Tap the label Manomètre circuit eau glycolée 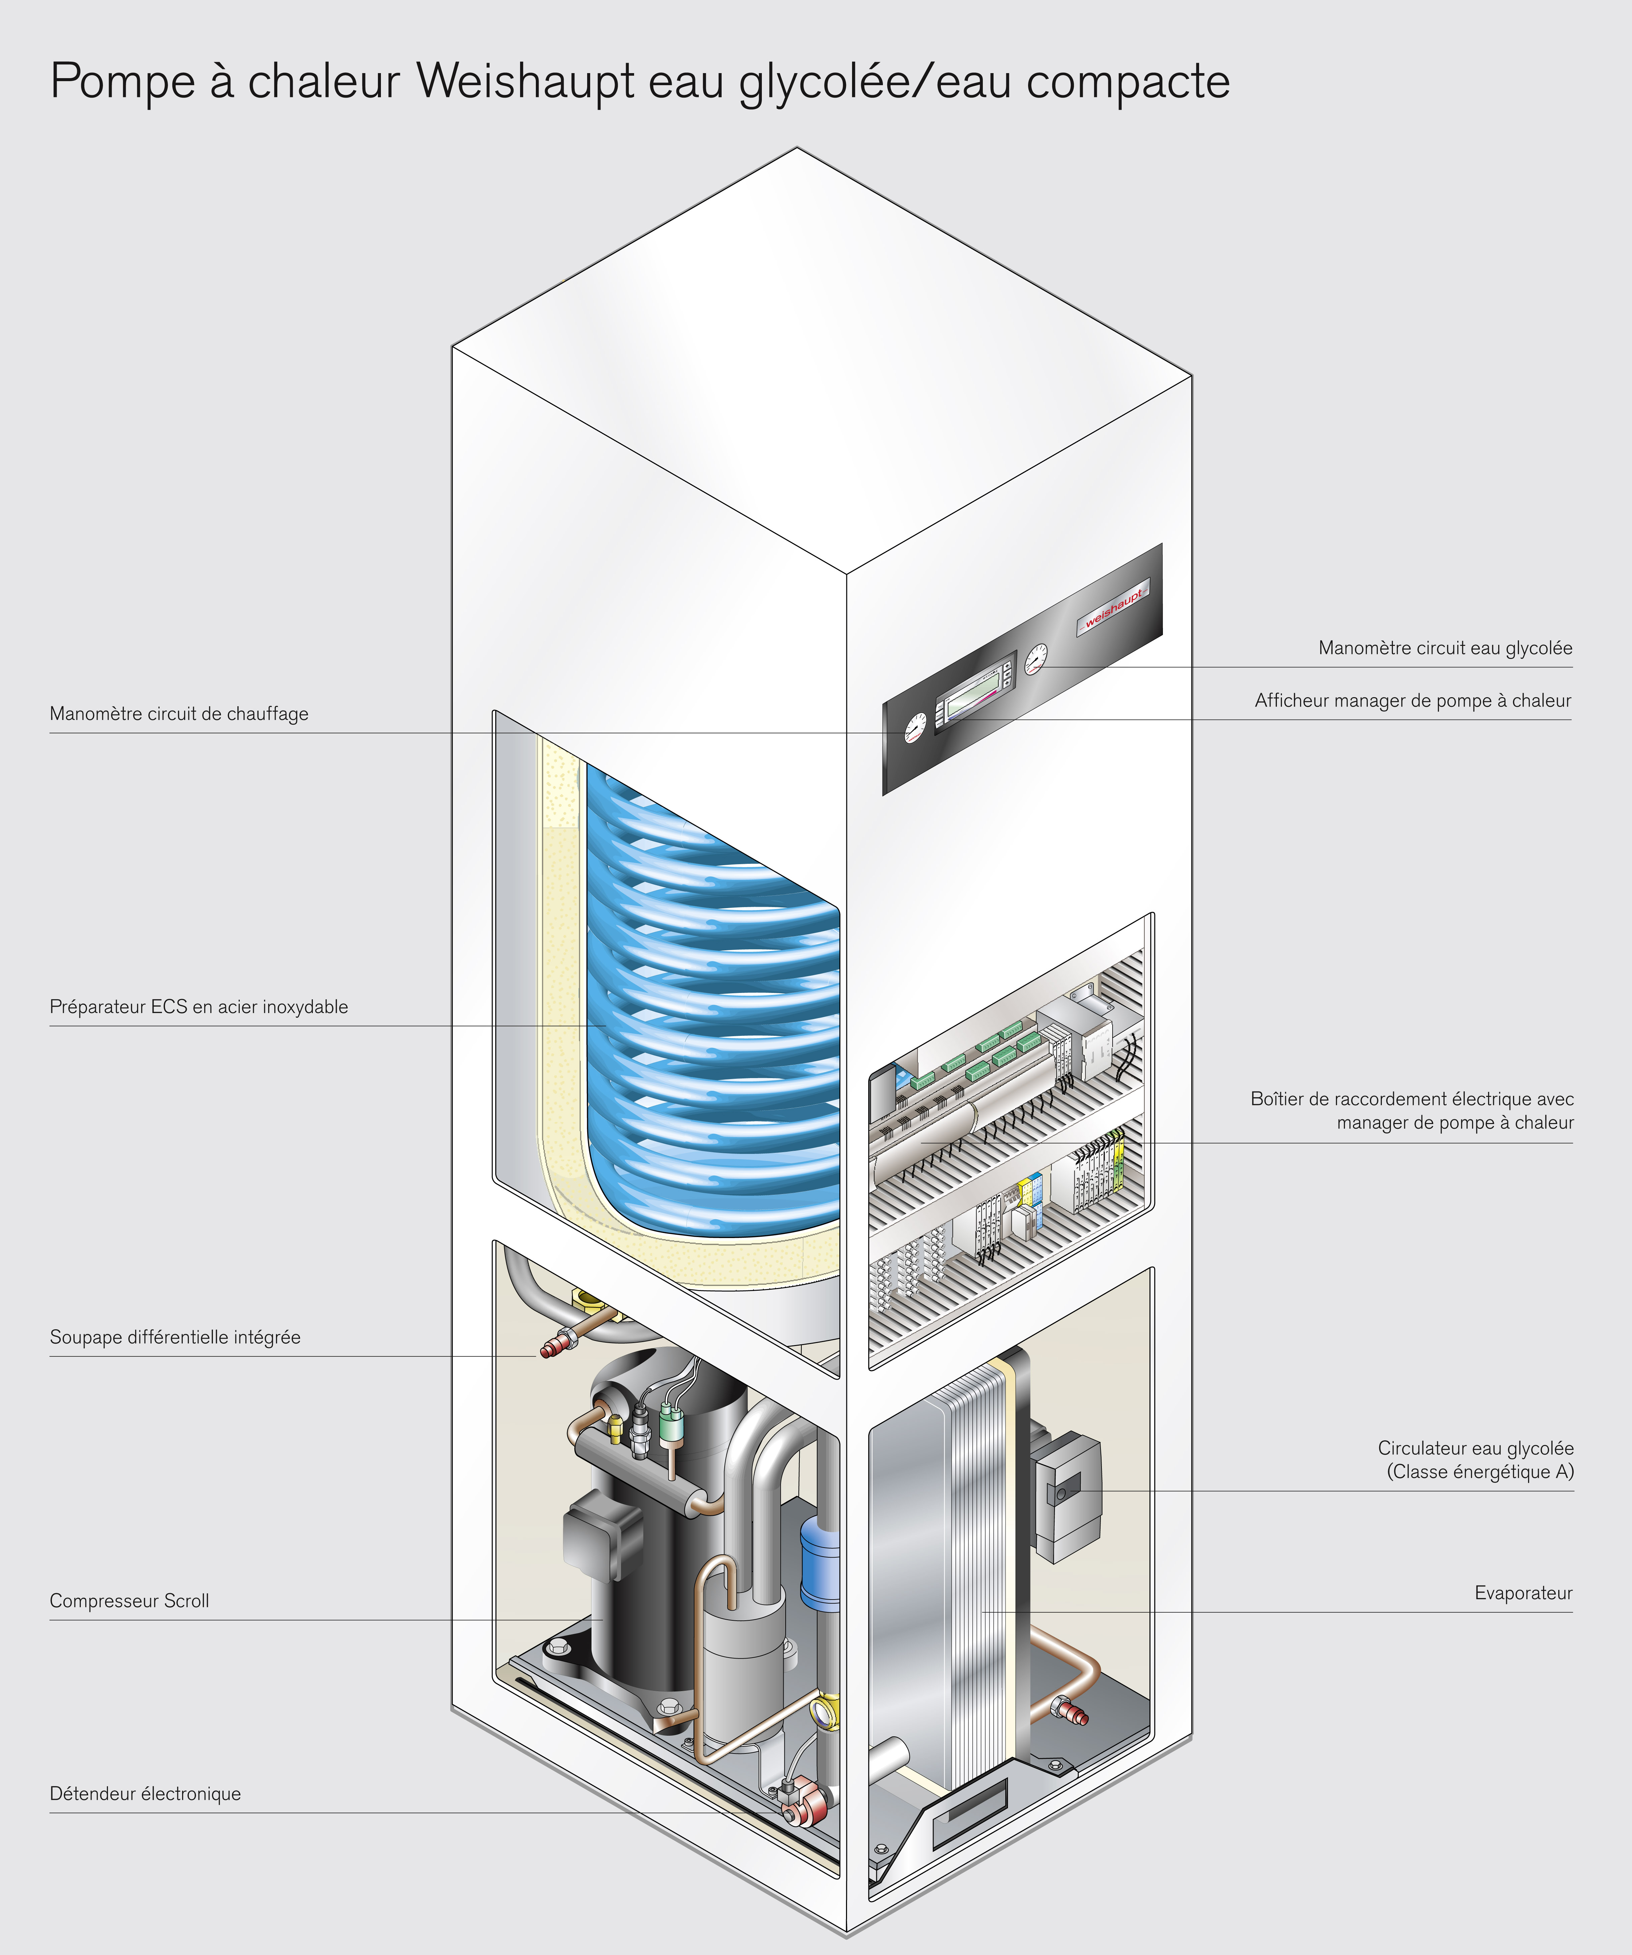click(x=1445, y=648)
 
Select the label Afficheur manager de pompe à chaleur click(x=1412, y=701)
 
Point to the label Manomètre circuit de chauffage click(x=179, y=714)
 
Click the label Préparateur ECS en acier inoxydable click(x=198, y=1007)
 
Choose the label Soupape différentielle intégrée click(x=175, y=1338)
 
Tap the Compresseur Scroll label click(x=129, y=1601)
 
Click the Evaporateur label click(x=1523, y=1594)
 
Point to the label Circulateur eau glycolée click(x=1476, y=1449)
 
